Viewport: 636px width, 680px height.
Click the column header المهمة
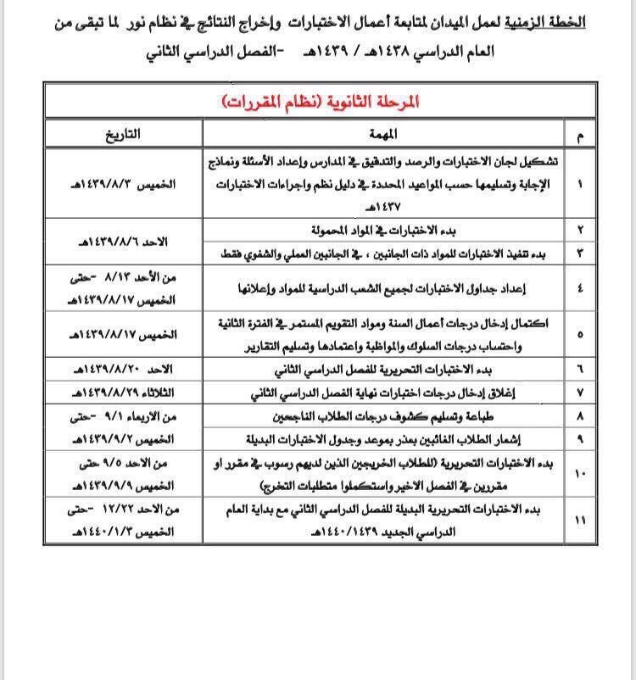coord(385,134)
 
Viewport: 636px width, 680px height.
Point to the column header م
coord(579,134)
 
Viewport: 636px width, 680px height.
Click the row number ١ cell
coord(579,182)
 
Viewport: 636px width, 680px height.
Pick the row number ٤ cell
coord(579,288)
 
